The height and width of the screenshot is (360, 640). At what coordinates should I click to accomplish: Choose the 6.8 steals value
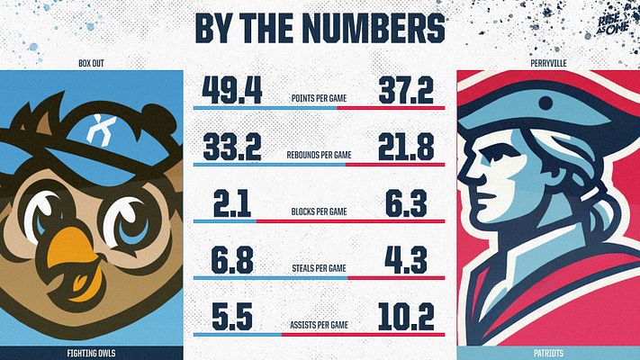(x=231, y=260)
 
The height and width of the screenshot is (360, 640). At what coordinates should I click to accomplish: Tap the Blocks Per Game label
(x=320, y=211)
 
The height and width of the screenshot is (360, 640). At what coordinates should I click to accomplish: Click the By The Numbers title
(x=320, y=27)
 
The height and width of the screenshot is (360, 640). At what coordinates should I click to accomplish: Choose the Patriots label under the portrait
(x=547, y=353)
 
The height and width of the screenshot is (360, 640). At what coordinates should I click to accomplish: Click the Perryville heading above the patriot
(x=547, y=64)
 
